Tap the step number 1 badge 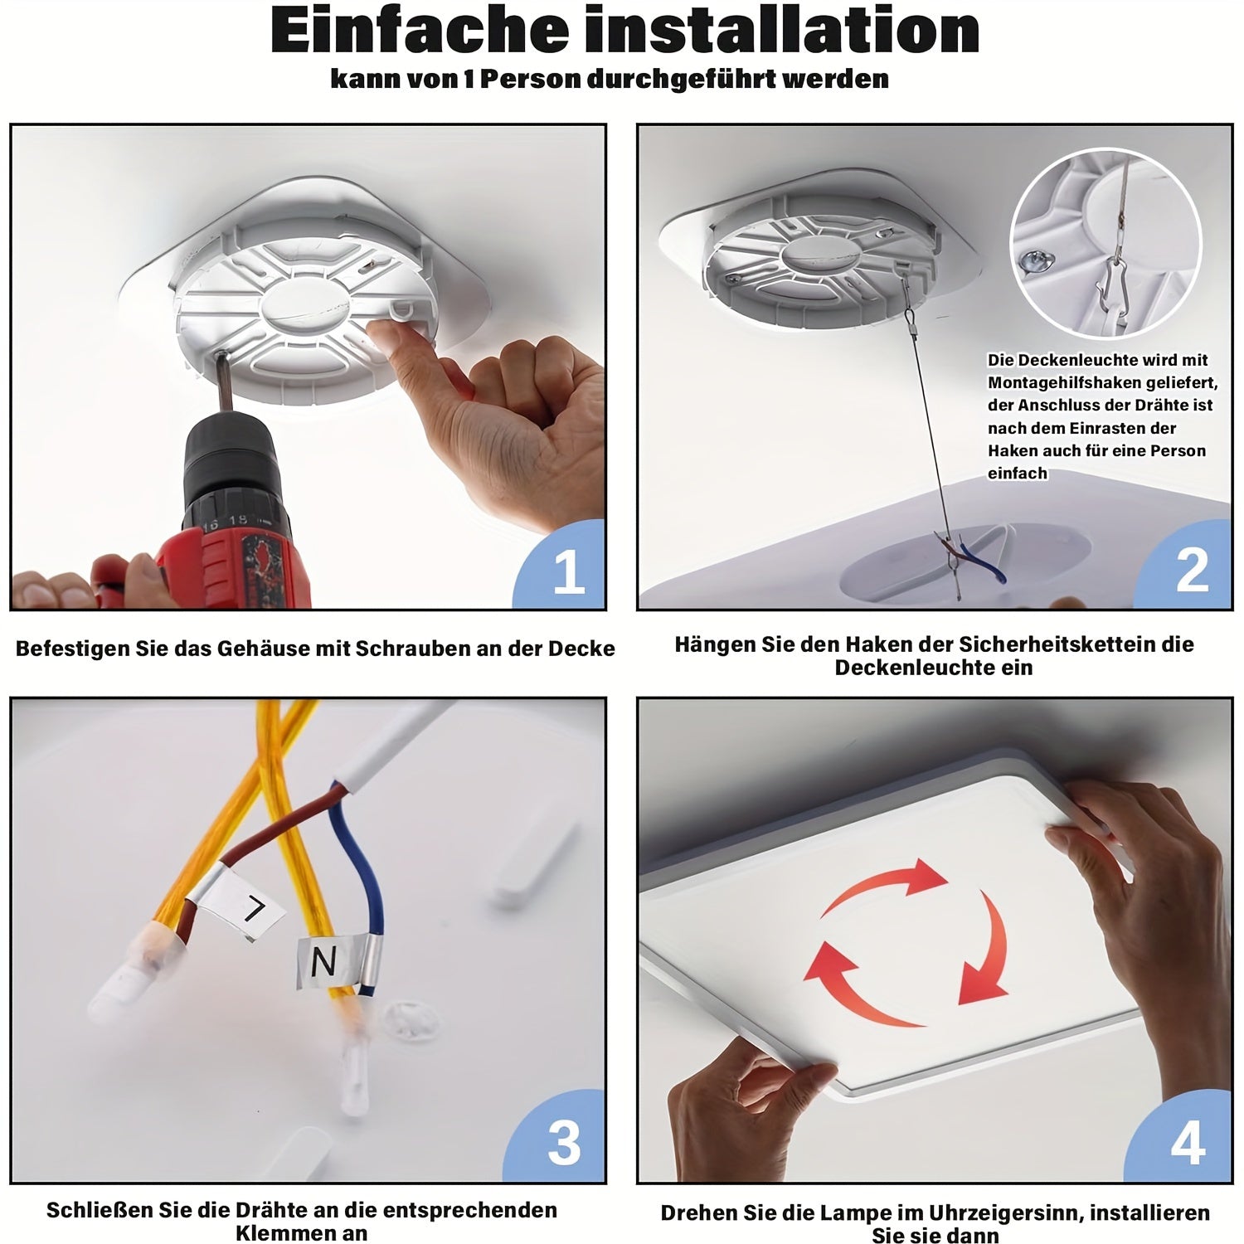[561, 566]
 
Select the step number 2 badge [1185, 566]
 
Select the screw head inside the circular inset [1037, 262]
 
